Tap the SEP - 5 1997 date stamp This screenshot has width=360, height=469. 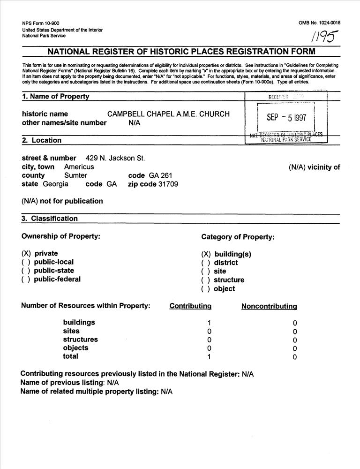[x=286, y=118]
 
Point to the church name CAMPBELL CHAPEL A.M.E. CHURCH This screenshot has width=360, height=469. [x=169, y=114]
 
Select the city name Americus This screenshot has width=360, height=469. [x=79, y=167]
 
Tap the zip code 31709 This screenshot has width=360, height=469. [x=168, y=184]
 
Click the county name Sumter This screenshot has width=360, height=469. [x=75, y=175]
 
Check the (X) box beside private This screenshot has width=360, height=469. [x=26, y=254]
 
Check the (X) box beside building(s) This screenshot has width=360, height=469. [x=206, y=254]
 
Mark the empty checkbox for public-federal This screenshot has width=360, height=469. [x=26, y=280]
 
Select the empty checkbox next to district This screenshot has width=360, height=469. [x=206, y=263]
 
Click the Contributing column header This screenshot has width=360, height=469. [x=190, y=306]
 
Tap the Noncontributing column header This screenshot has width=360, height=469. [x=269, y=307]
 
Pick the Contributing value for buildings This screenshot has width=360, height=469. [x=209, y=323]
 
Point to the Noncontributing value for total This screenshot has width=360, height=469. [x=295, y=357]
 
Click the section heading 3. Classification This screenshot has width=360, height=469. [x=50, y=219]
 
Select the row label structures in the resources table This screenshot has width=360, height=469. [x=81, y=340]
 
